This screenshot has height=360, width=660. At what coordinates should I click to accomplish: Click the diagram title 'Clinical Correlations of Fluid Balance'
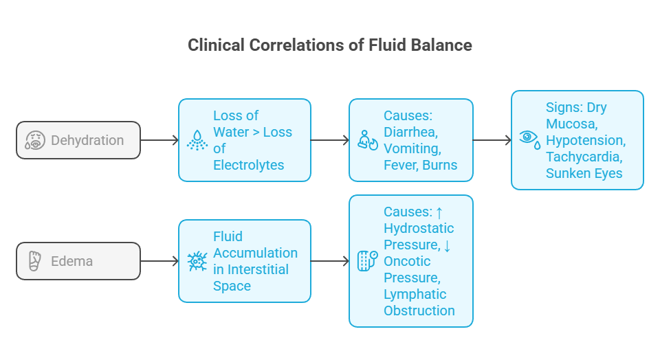click(x=330, y=45)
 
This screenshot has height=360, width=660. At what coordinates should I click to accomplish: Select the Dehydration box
click(x=78, y=140)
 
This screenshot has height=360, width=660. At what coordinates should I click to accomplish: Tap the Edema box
click(x=78, y=261)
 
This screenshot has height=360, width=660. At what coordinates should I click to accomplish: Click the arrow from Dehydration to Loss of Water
click(x=159, y=140)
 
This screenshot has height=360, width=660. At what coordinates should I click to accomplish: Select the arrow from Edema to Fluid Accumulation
click(x=159, y=261)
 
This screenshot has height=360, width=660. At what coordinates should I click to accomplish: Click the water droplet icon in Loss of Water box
click(x=197, y=140)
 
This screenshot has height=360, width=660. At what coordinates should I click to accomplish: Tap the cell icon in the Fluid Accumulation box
click(x=197, y=261)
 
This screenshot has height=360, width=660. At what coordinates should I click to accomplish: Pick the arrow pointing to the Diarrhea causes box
click(x=330, y=140)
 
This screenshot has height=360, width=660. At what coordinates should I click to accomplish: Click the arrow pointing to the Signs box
click(x=492, y=140)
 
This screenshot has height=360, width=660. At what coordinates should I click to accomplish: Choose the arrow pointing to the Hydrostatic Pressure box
click(x=330, y=261)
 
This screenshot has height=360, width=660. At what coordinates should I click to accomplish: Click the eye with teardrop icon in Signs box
click(x=529, y=140)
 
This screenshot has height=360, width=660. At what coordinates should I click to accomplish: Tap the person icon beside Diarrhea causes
click(x=368, y=141)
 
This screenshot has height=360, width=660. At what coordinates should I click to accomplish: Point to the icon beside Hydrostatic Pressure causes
click(x=368, y=261)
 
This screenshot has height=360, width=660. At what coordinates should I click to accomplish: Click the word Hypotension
click(x=585, y=140)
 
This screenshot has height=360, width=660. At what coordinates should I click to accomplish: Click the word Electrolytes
click(x=249, y=165)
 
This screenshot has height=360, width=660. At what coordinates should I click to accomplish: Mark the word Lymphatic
click(x=415, y=294)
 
